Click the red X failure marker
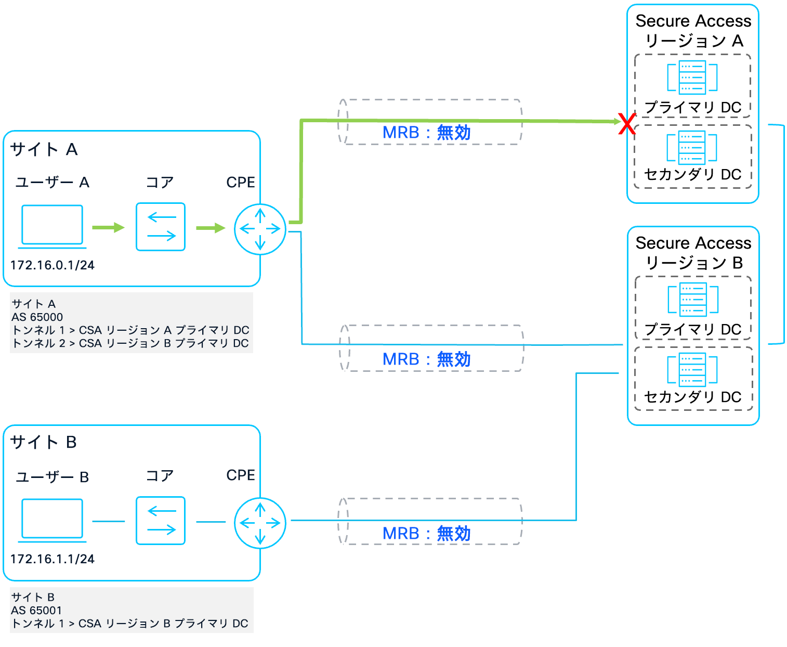[x=627, y=124]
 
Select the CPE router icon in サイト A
[x=260, y=229]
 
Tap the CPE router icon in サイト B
[x=260, y=523]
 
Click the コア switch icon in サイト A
[x=161, y=227]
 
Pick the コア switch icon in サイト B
[x=161, y=521]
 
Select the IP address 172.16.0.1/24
[x=53, y=265]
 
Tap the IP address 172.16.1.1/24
[x=53, y=559]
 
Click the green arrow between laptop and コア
[x=108, y=227]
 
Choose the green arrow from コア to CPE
[x=211, y=228]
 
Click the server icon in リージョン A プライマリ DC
[x=692, y=77]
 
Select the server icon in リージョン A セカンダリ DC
[x=692, y=147]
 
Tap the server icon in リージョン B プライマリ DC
[x=693, y=300]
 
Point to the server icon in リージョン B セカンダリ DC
[x=692, y=370]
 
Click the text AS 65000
[x=37, y=317]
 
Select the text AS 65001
[x=37, y=611]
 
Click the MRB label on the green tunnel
[x=426, y=133]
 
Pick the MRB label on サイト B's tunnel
[x=426, y=534]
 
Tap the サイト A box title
[x=44, y=150]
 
